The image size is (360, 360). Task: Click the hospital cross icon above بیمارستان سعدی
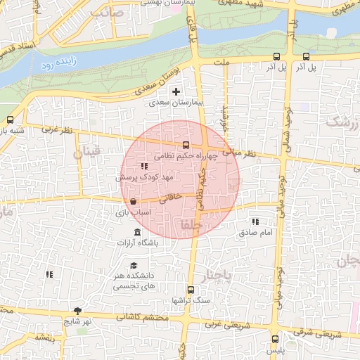pyautogui.click(x=176, y=91)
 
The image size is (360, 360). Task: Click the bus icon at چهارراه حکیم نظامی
pyautogui.click(x=186, y=145)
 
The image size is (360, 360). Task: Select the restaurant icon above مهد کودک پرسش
pyautogui.click(x=144, y=167)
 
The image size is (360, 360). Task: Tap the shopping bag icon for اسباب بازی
pyautogui.click(x=133, y=201)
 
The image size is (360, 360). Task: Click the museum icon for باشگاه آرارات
pyautogui.click(x=136, y=233)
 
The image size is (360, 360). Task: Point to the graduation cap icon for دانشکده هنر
pyautogui.click(x=134, y=265)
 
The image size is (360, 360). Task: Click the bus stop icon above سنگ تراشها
pyautogui.click(x=190, y=290)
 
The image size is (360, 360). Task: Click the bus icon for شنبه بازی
pyautogui.click(x=10, y=120)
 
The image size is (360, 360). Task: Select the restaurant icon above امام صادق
pyautogui.click(x=255, y=221)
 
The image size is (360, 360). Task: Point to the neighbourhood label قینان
pyautogui.click(x=88, y=151)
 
